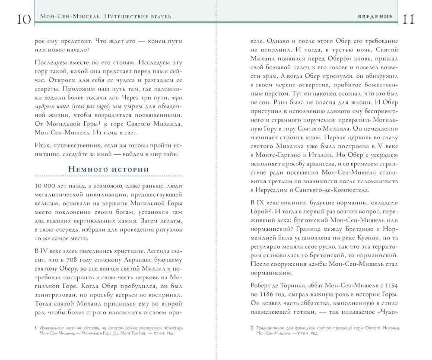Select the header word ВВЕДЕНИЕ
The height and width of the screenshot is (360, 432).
tap(375, 17)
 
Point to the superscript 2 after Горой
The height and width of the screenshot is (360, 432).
tap(269, 210)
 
